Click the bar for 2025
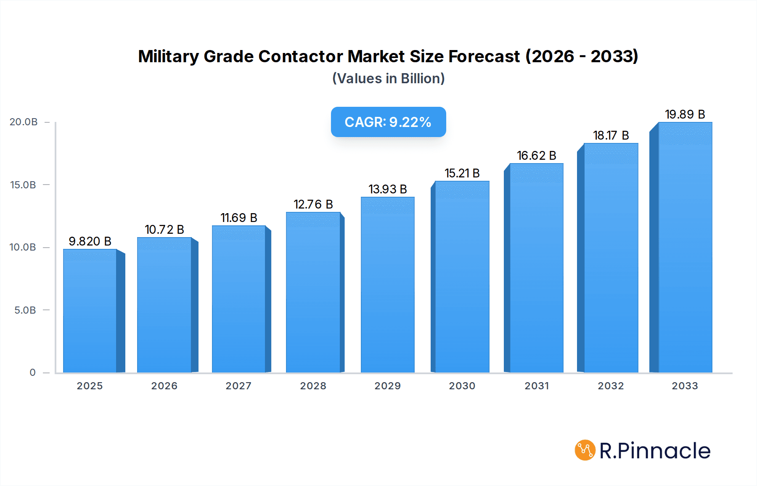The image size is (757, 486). [x=90, y=311]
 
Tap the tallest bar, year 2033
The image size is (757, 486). [x=685, y=248]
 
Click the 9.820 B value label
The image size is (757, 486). [x=90, y=241]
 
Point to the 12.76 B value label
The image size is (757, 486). [x=313, y=204]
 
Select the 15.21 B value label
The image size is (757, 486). [x=462, y=173]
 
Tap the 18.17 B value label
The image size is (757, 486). [x=611, y=135]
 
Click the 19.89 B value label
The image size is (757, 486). [x=685, y=114]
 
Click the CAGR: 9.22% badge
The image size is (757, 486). [x=388, y=122]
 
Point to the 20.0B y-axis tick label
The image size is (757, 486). [x=24, y=122]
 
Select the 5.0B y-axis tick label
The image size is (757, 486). [x=25, y=310]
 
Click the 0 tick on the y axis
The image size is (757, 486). [x=32, y=372]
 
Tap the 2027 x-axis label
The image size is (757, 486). [x=238, y=386]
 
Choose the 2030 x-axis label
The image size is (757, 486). [x=462, y=386]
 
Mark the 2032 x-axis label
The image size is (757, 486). [x=611, y=386]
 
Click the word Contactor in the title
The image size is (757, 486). [x=300, y=56]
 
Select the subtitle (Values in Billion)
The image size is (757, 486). [x=388, y=79]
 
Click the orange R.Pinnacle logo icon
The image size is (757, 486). [x=585, y=450]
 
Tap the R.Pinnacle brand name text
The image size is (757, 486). [x=655, y=451]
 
